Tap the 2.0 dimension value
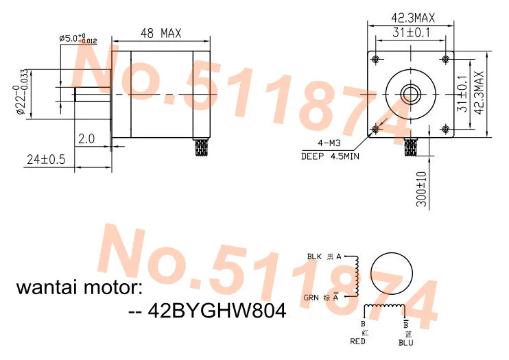pos(87,139)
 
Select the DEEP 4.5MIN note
pos(331,156)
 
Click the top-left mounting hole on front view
pos(375,56)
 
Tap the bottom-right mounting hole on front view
pos(447,129)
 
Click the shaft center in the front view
pos(411,93)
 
